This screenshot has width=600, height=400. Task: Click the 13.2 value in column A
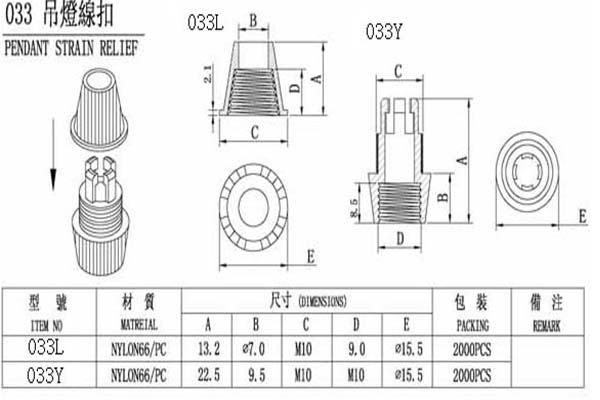[209, 349]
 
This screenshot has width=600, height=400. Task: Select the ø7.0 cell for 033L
[254, 349]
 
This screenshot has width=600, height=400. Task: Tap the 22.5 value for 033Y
[209, 375]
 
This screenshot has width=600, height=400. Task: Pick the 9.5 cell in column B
[257, 375]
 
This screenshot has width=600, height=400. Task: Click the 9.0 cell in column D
[357, 349]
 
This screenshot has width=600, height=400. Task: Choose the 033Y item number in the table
[45, 375]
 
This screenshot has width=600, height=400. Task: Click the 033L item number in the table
[46, 347]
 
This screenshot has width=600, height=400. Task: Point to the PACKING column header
[473, 325]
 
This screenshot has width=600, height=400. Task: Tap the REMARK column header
[546, 326]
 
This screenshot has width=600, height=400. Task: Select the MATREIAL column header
[139, 325]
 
